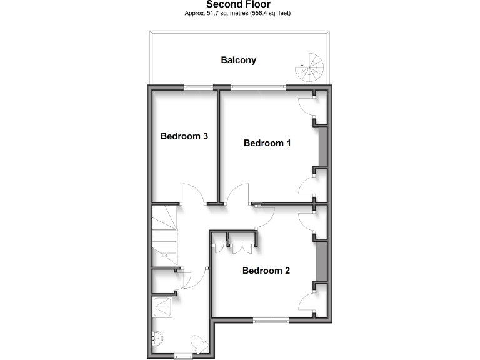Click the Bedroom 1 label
pyautogui.click(x=267, y=143)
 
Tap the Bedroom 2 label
pyautogui.click(x=266, y=271)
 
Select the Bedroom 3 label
pyautogui.click(x=184, y=136)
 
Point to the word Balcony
pyautogui.click(x=238, y=61)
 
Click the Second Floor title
pyautogui.click(x=238, y=4)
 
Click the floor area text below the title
pyautogui.click(x=238, y=13)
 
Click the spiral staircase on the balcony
pyautogui.click(x=312, y=67)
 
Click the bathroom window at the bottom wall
pyautogui.click(x=183, y=357)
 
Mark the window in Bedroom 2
pyautogui.click(x=271, y=321)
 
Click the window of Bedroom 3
pyautogui.click(x=197, y=87)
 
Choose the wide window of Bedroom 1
pyautogui.click(x=258, y=87)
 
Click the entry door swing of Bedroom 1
pyautogui.click(x=237, y=194)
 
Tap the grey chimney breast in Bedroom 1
pyautogui.click(x=322, y=147)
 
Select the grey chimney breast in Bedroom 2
pyautogui.click(x=322, y=261)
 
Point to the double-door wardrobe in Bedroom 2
pyautogui.click(x=241, y=243)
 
